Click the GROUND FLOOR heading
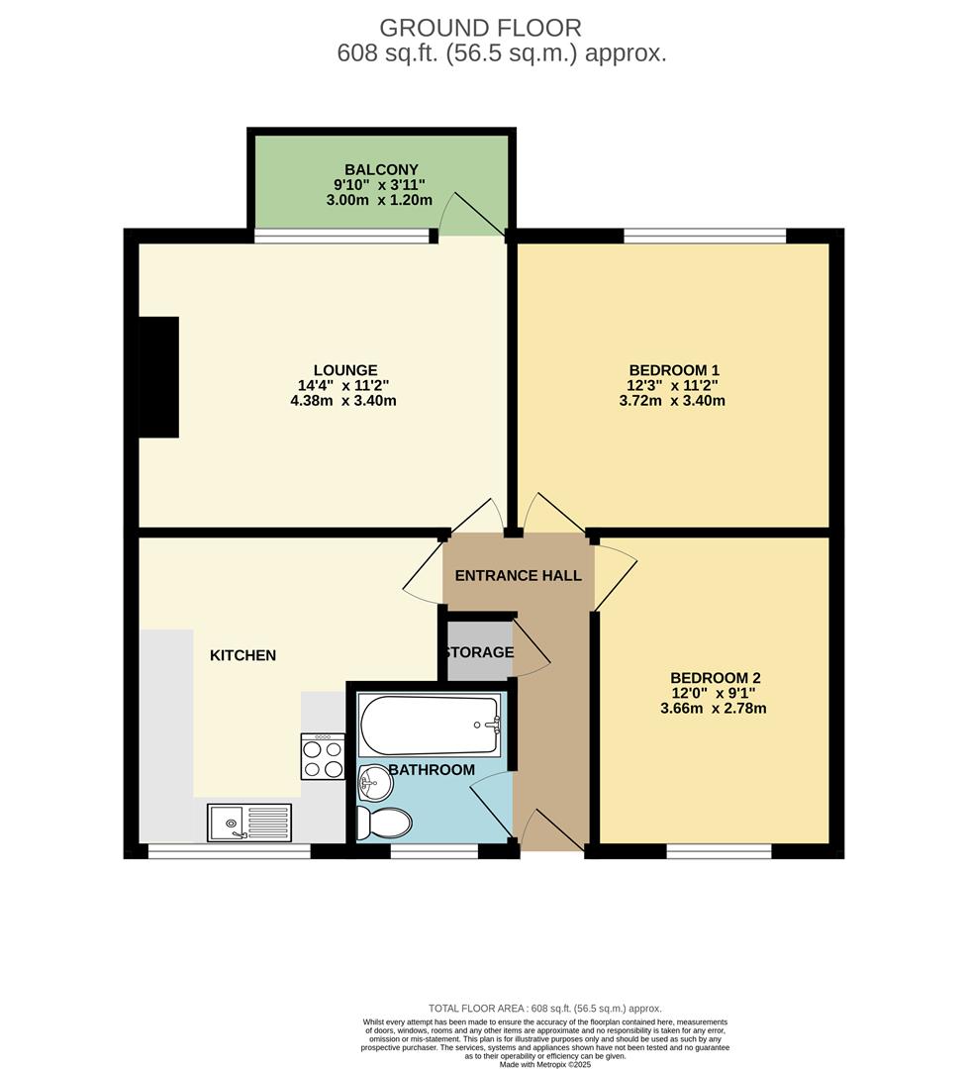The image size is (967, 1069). pos(480,28)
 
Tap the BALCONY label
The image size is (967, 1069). pos(381,169)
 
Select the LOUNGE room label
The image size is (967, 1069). pos(345,370)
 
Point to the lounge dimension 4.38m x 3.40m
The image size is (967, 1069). pos(343,400)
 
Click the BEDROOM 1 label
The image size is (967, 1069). pos(674,370)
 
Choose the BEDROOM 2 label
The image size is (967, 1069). pos(716,678)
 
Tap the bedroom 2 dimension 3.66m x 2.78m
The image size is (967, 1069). pos(714,709)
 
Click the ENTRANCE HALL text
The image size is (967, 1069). pos(519,575)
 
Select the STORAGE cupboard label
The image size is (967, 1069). pos(479,652)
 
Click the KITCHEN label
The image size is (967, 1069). pos(242,655)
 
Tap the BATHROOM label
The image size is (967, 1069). pos(432,770)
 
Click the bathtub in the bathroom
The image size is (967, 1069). pos(430,726)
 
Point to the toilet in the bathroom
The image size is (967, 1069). pos(384,823)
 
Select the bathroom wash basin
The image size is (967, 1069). pos(375,783)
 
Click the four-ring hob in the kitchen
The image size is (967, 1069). pos(324,757)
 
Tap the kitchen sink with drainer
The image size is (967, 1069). pos(249,823)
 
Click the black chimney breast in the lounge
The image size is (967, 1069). pos(159,377)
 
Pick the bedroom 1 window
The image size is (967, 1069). pos(705,236)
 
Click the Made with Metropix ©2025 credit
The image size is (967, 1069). pos(545,1063)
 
